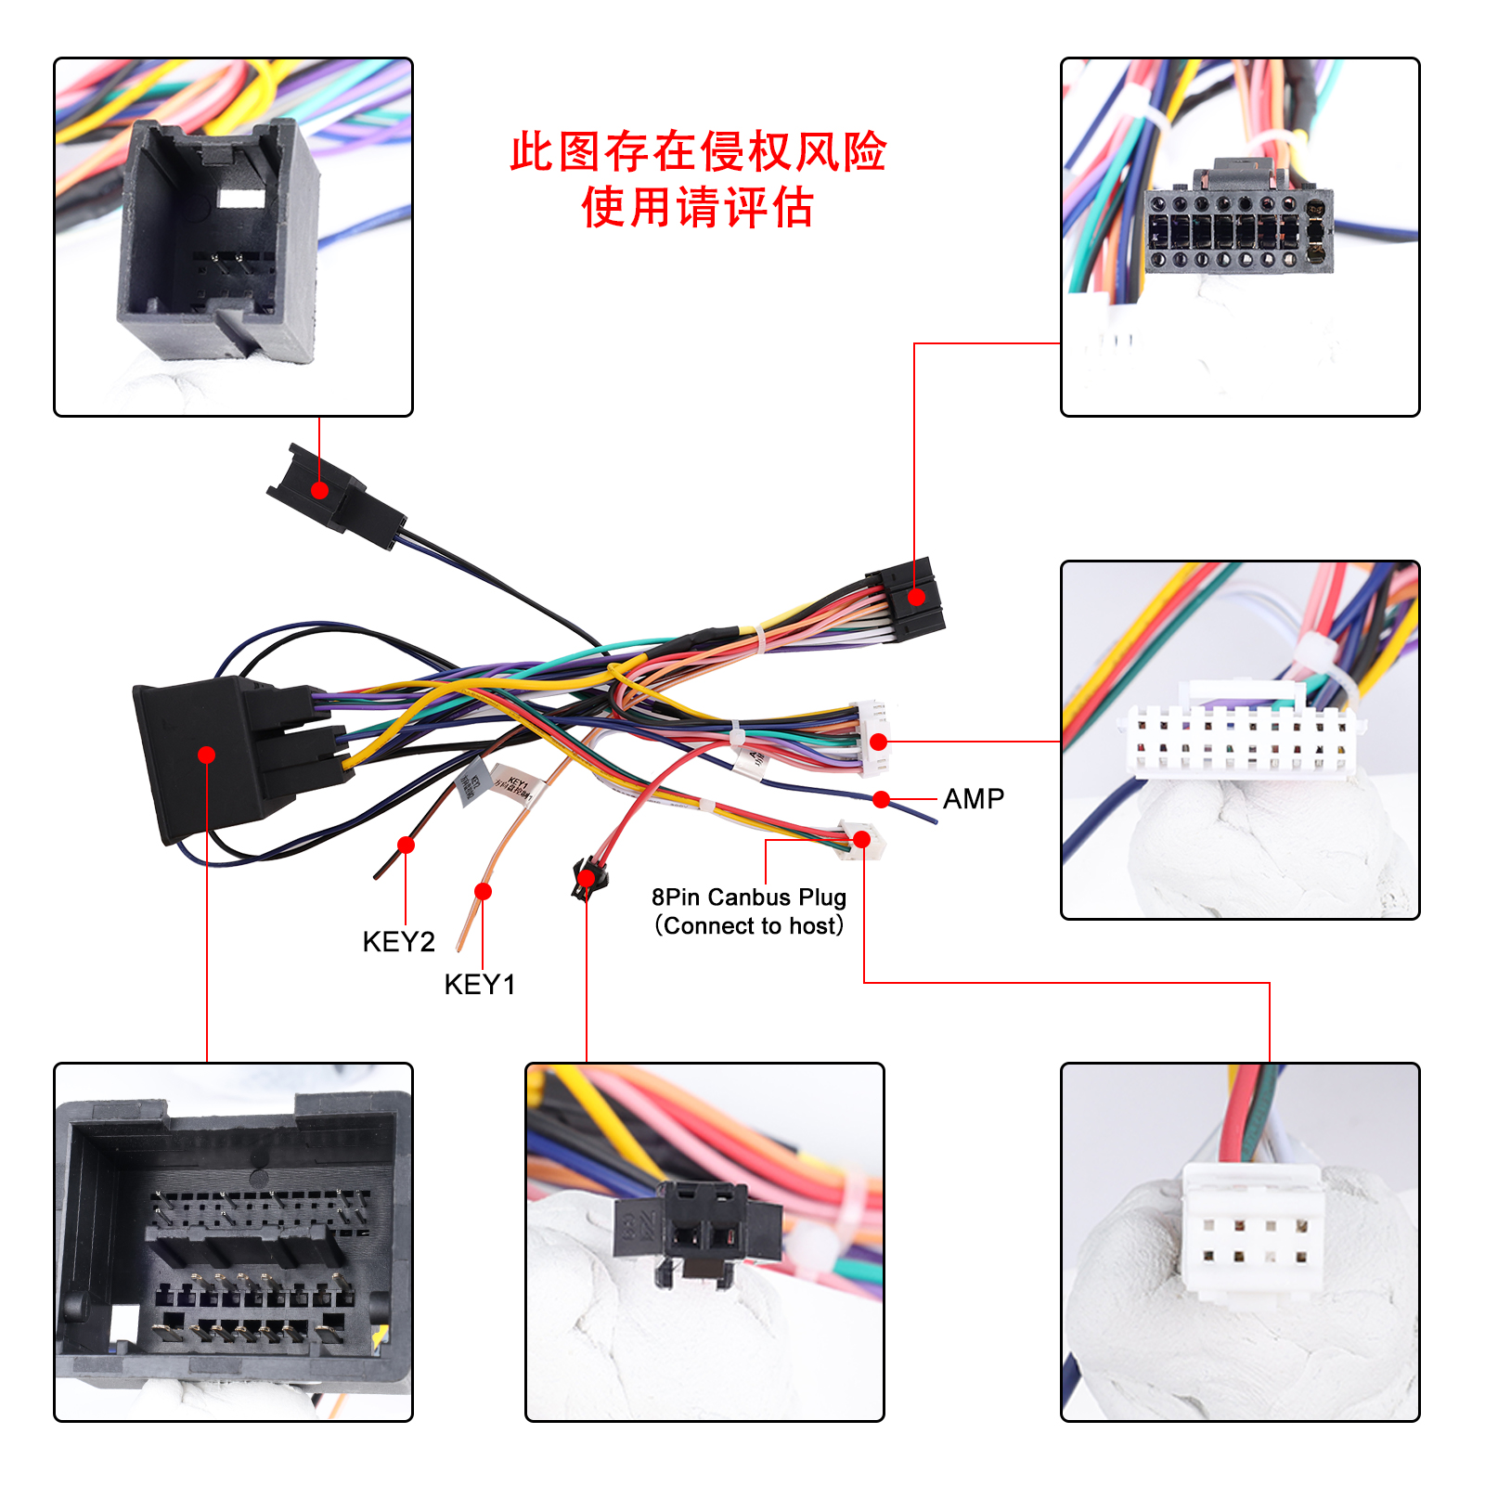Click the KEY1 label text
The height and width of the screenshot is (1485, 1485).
479,984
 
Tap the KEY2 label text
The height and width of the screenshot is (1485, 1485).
398,941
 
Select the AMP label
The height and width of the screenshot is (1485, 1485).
973,798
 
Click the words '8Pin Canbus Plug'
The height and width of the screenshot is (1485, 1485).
748,897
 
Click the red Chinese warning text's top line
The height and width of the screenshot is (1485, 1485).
698,152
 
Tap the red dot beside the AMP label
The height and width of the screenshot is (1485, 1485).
882,799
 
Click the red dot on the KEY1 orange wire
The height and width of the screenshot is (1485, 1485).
483,892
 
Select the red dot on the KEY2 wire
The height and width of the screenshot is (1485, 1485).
406,845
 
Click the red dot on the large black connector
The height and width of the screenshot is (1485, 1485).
207,755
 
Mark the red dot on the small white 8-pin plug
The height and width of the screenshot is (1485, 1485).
862,840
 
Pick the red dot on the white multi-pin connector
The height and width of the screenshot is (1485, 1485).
879,742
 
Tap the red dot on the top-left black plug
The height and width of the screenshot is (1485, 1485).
320,490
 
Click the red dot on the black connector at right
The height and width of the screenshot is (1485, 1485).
916,597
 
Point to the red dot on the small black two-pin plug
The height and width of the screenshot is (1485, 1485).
587,878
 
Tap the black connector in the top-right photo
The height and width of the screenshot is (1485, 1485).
1238,223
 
